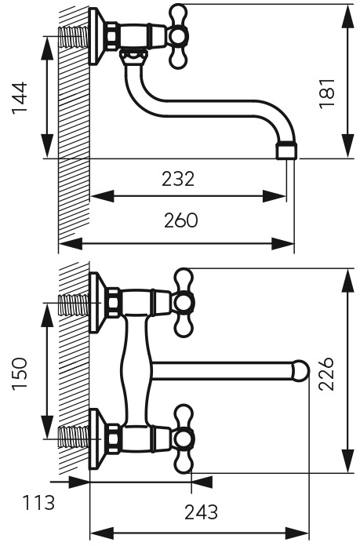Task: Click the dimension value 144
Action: coord(20,98)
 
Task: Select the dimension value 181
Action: coord(326,93)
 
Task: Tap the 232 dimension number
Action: coord(178,180)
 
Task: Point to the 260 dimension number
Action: coord(180,220)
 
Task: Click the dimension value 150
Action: coord(20,374)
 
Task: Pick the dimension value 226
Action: coord(326,373)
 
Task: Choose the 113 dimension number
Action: coord(39,503)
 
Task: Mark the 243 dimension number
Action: coord(202,512)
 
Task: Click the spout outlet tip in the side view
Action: coord(287,150)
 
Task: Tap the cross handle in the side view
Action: coord(178,37)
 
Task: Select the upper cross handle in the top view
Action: coord(184,303)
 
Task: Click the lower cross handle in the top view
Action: coord(184,439)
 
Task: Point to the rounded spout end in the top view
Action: coord(300,371)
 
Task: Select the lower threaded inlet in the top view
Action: coord(74,435)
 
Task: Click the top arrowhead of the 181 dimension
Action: coord(347,16)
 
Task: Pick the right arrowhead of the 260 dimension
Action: coord(282,243)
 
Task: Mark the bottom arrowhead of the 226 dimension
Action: coord(347,461)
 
